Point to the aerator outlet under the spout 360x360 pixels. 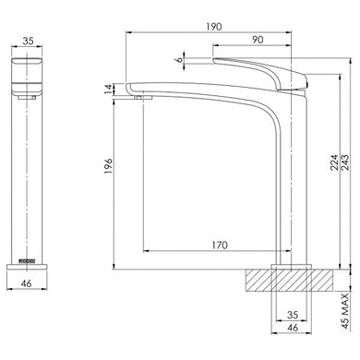pyautogui.click(x=141, y=95)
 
